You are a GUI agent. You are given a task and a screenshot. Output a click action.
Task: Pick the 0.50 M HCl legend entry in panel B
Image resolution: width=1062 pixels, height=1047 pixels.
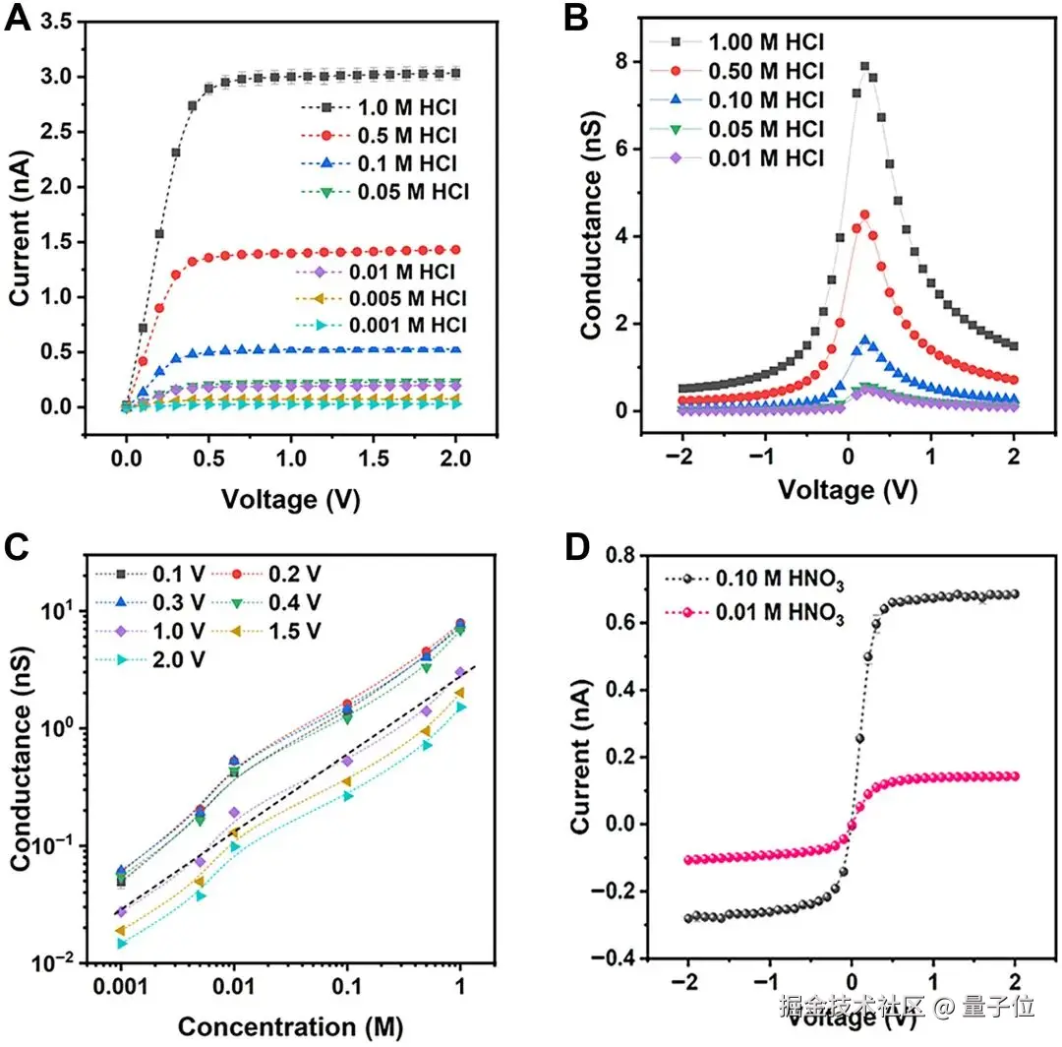click(x=747, y=71)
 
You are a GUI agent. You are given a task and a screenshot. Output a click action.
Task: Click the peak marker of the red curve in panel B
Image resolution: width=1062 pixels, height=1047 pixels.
click(x=864, y=215)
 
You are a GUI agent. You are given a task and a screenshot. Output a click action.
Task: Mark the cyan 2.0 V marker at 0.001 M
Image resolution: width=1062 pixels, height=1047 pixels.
click(x=122, y=943)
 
